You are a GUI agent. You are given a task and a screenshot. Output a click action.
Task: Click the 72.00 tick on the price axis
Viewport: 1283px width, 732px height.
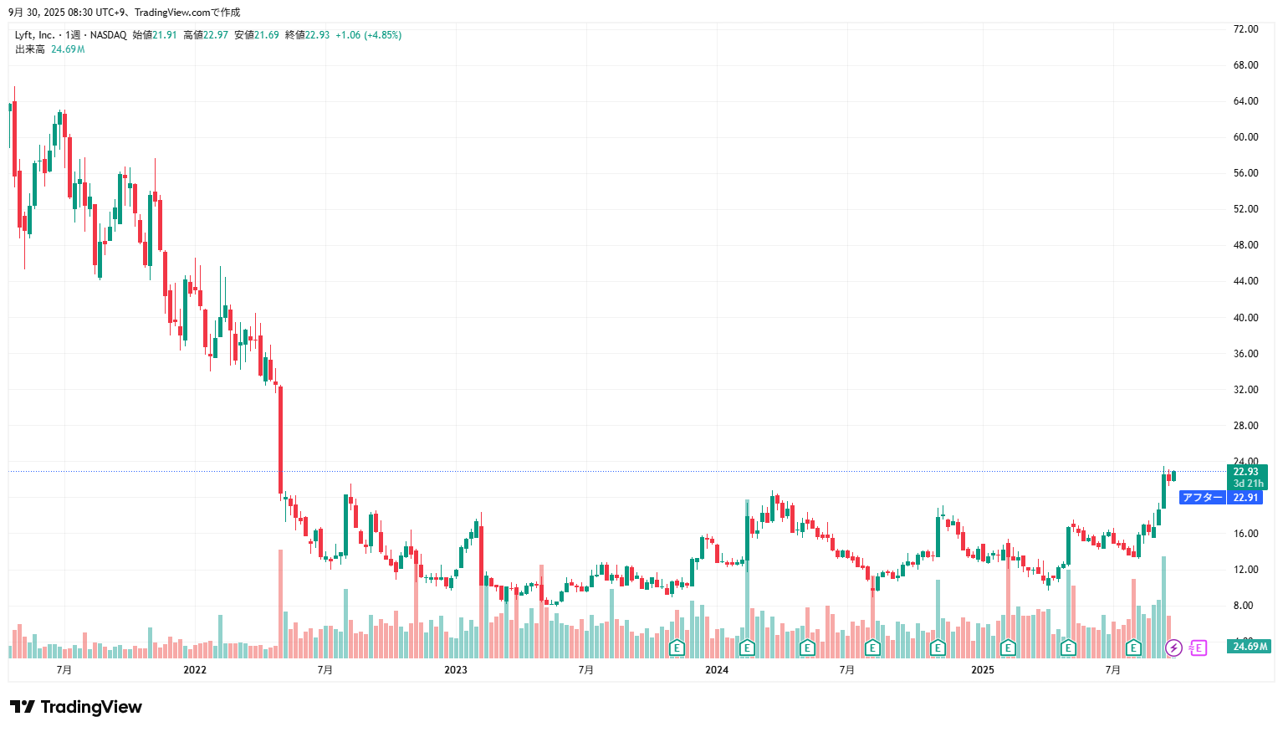click(x=1245, y=29)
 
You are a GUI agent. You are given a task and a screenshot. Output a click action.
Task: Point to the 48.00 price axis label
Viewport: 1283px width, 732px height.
click(x=1245, y=245)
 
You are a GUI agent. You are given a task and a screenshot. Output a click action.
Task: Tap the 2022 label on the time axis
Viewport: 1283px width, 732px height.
click(x=195, y=670)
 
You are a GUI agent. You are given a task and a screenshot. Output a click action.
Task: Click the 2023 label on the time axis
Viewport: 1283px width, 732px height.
click(x=456, y=670)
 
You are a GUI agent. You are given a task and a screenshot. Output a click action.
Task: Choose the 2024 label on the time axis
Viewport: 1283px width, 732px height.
click(x=717, y=670)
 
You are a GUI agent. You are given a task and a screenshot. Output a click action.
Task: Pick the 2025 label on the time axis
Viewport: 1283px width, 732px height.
click(x=983, y=670)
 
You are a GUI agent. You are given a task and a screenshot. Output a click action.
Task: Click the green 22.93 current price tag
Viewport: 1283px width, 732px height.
click(x=1246, y=472)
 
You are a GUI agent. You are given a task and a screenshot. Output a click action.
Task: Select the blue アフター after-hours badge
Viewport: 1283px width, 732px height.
click(x=1203, y=498)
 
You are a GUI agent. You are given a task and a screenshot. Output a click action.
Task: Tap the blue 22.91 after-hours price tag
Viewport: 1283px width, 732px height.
click(x=1246, y=498)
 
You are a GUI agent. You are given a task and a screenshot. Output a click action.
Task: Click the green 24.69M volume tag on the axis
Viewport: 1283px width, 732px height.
click(x=1250, y=647)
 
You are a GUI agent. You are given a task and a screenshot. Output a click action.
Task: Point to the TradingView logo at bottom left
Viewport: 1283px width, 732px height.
click(x=76, y=707)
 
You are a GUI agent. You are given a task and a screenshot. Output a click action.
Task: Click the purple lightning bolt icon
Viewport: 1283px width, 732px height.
click(x=1173, y=648)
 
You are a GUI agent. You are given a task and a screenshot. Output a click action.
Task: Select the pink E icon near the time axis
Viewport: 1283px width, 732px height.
click(x=1198, y=648)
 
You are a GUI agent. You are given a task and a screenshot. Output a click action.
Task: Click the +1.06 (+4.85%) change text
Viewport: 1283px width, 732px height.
click(x=368, y=35)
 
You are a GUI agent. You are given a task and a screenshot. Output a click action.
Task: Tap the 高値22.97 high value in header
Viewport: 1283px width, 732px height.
click(x=206, y=35)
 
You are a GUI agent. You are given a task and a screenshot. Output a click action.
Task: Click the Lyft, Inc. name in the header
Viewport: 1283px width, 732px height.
click(x=34, y=35)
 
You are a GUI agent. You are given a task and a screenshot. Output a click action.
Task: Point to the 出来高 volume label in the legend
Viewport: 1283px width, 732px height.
click(x=30, y=49)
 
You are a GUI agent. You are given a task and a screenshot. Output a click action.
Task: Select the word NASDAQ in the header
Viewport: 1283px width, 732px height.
click(x=109, y=35)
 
